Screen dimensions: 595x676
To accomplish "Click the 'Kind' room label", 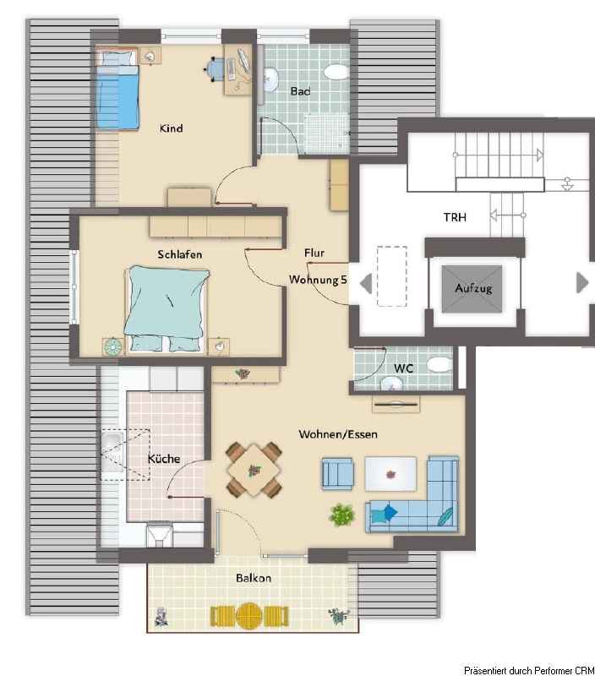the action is tap(172, 128).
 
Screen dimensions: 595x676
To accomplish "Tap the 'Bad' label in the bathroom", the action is tap(300, 91).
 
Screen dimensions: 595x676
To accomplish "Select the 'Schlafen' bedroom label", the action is tap(180, 254).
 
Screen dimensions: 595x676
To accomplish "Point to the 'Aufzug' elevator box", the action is tap(472, 288).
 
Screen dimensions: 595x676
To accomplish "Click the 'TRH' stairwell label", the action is tap(455, 217).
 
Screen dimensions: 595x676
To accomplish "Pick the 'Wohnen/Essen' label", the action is tap(338, 434).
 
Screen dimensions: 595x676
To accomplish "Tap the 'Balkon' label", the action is tap(254, 578).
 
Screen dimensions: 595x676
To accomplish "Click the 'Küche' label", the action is tap(164, 459).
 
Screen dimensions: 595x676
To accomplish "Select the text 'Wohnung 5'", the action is tap(318, 280).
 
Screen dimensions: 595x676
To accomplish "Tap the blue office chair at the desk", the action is tap(215, 68).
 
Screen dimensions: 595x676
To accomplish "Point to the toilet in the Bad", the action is tap(336, 72).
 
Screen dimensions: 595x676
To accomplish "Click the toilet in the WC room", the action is tap(439, 364).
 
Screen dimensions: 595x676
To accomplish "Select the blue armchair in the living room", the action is tap(338, 473).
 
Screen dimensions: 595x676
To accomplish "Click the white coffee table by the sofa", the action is tap(390, 474).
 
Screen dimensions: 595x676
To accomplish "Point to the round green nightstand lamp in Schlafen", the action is tap(113, 347).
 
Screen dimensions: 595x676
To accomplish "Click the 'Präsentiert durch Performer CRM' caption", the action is tap(528, 670).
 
